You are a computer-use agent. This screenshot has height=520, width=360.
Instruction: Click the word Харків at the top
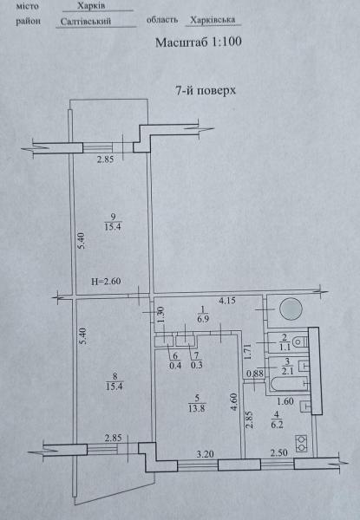pyautogui.click(x=91, y=6)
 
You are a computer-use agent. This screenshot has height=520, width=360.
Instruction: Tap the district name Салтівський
pyautogui.click(x=86, y=22)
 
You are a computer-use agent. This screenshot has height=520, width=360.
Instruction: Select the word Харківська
pyautogui.click(x=213, y=20)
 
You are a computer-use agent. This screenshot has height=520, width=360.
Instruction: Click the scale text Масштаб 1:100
pyautogui.click(x=199, y=42)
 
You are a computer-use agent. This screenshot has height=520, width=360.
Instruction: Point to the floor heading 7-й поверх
pyautogui.click(x=206, y=90)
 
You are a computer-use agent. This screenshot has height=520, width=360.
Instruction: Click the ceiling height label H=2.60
pyautogui.click(x=106, y=282)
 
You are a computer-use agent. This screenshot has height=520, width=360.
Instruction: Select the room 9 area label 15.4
pyautogui.click(x=113, y=227)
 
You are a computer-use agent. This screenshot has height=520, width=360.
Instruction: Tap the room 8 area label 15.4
pyautogui.click(x=115, y=386)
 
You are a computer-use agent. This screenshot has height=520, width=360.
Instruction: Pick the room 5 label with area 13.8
pyautogui.click(x=196, y=404)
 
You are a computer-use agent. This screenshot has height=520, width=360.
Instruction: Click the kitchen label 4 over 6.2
pyautogui.click(x=277, y=419)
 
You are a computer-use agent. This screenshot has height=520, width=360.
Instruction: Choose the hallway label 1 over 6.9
pyautogui.click(x=203, y=315)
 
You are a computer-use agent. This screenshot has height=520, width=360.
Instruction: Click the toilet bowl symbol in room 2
pyautogui.click(x=301, y=341)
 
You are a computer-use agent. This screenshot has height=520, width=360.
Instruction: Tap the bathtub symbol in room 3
pyautogui.click(x=290, y=384)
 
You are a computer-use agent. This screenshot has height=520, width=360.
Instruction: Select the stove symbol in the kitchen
pyautogui.click(x=302, y=444)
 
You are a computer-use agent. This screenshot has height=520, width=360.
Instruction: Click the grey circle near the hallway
pyautogui.click(x=291, y=309)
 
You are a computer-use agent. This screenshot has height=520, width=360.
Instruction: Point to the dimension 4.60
pyautogui.click(x=234, y=402)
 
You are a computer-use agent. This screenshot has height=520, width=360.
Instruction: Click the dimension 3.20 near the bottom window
pyautogui.click(x=205, y=453)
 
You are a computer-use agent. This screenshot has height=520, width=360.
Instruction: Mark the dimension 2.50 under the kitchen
pyautogui.click(x=278, y=452)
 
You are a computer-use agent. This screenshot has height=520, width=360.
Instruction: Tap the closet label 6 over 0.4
pyautogui.click(x=175, y=361)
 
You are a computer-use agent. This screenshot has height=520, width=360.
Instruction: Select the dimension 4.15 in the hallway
pyautogui.click(x=227, y=301)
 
